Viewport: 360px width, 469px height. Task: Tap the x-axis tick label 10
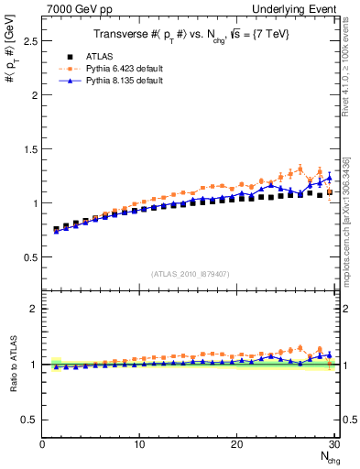[x=139, y=444]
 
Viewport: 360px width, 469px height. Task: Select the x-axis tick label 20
[x=237, y=444]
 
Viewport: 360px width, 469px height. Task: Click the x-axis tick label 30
[x=334, y=444]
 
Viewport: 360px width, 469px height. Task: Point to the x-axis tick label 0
[x=42, y=444]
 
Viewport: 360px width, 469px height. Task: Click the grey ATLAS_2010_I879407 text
[x=190, y=273]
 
